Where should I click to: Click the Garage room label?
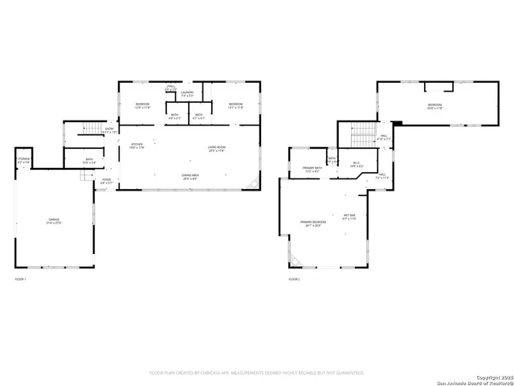(55, 221)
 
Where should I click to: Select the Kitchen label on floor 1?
(137, 146)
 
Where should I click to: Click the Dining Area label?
(190, 177)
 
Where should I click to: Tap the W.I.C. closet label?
(357, 165)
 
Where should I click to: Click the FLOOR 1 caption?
(21, 279)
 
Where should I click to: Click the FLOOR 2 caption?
(294, 279)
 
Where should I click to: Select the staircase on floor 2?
(364, 132)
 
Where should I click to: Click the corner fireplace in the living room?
(255, 185)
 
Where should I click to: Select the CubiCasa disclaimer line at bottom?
(257, 373)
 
